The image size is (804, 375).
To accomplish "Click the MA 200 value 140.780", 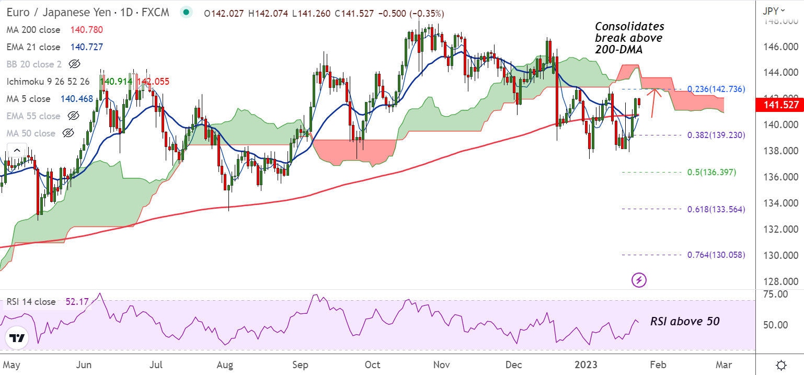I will tap(87, 30).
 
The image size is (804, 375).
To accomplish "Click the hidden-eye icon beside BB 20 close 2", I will tap(75, 64).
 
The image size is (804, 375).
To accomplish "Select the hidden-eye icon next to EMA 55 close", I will tap(74, 116).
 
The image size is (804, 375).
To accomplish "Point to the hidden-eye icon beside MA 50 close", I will tap(68, 133).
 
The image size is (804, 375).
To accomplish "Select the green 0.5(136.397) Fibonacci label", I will tap(711, 172).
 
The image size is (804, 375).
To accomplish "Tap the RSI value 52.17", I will tap(77, 302).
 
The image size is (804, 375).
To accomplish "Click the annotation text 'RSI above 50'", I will tap(685, 321).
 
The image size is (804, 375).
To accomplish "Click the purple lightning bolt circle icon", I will tap(639, 280).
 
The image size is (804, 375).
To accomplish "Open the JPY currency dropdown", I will tap(775, 10).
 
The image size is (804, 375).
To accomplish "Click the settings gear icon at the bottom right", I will tap(781, 365).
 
